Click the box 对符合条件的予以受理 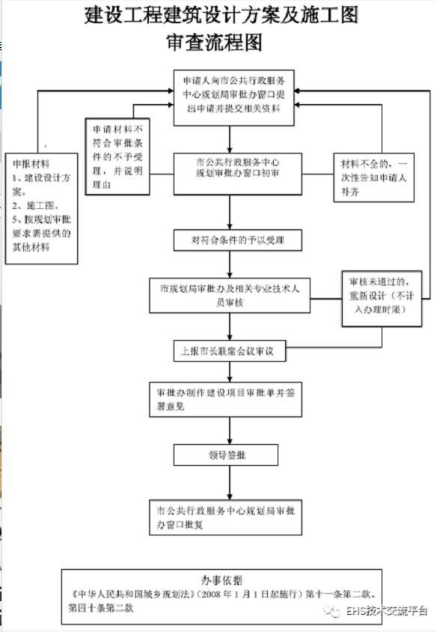(238, 240)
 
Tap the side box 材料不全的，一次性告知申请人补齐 (374, 177)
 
